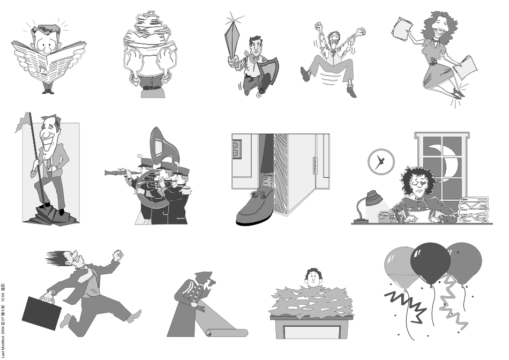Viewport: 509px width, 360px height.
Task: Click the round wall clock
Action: (x=380, y=161)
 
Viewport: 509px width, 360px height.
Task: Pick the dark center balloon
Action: (x=430, y=263)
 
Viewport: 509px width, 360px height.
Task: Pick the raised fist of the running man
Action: (x=117, y=255)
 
